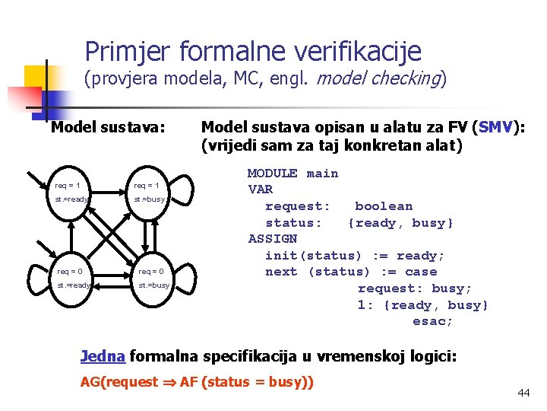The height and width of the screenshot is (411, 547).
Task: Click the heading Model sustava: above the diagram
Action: point(107,127)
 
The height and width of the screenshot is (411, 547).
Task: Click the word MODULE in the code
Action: point(273,174)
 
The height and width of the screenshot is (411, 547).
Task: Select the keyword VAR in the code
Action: point(261,190)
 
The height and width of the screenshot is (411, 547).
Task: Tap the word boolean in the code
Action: point(384,206)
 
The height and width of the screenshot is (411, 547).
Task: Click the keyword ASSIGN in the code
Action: point(273,239)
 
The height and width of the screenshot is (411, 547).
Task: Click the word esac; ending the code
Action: point(432,321)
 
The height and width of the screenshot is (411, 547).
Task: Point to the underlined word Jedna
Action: point(103,355)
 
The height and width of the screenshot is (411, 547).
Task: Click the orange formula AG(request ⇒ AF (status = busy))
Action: point(197,382)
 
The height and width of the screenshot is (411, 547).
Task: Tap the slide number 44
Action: point(523,393)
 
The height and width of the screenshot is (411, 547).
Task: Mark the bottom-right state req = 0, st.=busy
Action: point(151,278)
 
